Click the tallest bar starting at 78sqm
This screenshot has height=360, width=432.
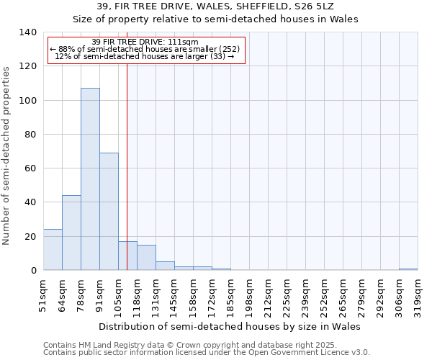coord(90,179)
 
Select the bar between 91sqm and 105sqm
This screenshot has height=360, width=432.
coord(109,212)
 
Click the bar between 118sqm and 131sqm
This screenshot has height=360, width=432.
coord(146,258)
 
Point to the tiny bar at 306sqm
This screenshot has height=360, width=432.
coord(408,269)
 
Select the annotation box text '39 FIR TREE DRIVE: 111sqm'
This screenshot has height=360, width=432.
coord(150,42)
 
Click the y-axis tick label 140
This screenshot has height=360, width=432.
coord(27,32)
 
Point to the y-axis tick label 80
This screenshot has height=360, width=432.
coord(30,135)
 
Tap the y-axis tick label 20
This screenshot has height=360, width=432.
coord(30,237)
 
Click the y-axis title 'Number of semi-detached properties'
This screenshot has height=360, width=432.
coord(7,156)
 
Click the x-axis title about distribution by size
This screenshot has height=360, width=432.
coord(229,326)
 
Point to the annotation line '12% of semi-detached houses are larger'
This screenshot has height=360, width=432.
coord(144,56)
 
